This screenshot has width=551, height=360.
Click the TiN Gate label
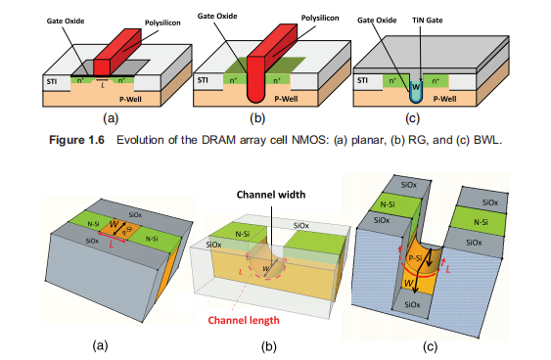point(428,21)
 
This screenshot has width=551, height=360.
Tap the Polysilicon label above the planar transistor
point(162,23)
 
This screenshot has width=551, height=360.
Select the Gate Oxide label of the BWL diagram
point(377,21)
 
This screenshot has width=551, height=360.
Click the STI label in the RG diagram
point(203,80)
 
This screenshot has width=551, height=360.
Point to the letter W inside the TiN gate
point(416,86)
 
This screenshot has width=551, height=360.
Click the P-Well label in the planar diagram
point(130,100)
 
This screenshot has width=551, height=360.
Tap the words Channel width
point(271,195)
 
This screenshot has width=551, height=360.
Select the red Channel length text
point(244,320)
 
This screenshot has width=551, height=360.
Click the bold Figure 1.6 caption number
point(76,140)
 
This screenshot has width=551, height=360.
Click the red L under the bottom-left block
point(112,245)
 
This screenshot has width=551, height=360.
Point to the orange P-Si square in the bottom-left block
point(119,230)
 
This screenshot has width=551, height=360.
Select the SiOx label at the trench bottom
point(412,304)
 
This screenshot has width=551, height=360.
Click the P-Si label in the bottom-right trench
point(415,258)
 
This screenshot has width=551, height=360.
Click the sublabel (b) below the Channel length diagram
point(269,346)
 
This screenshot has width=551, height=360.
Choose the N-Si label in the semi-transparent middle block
point(243,233)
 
